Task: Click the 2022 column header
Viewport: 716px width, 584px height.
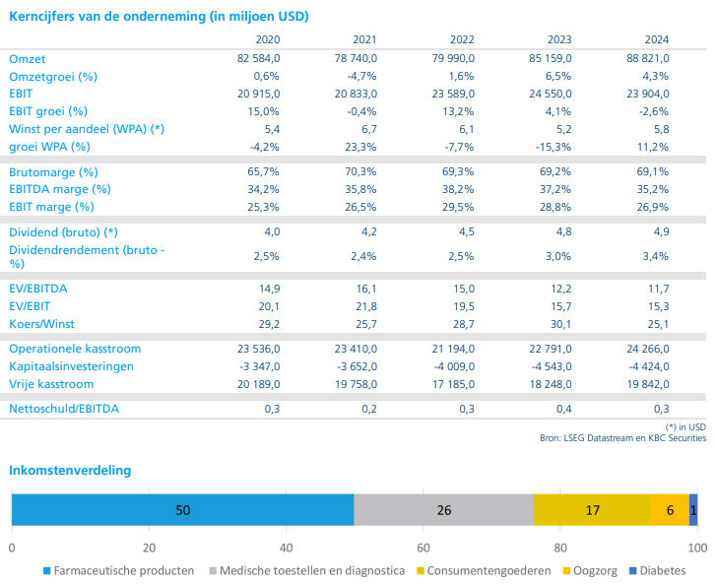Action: coord(461,40)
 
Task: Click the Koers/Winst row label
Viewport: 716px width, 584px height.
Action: coord(41,324)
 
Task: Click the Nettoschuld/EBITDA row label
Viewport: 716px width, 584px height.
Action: coord(64,409)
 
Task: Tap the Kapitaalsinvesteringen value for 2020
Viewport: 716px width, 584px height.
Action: coord(259,366)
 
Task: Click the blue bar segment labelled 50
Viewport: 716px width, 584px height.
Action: coord(182,509)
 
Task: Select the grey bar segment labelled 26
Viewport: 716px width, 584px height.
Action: coord(443,509)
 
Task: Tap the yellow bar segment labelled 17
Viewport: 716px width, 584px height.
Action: coord(592,509)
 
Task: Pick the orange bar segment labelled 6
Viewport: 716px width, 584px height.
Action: coord(670,509)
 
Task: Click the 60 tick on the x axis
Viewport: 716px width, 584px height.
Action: coord(423,548)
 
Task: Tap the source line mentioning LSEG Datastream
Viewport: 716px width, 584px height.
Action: coord(621,437)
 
